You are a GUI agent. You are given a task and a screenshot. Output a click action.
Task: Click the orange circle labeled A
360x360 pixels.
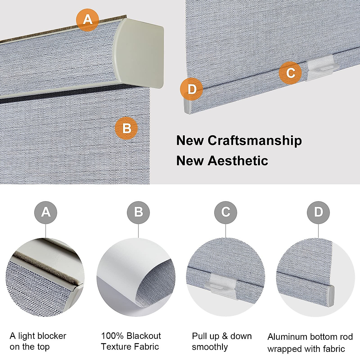pyautogui.click(x=87, y=20)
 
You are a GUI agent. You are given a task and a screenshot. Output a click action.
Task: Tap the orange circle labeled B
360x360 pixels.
pyautogui.click(x=126, y=129)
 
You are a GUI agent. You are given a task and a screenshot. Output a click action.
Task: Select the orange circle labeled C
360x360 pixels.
pyautogui.click(x=290, y=73)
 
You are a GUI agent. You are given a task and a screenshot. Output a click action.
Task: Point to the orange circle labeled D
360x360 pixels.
pyautogui.click(x=192, y=89)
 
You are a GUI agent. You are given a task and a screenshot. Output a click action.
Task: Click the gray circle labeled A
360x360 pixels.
pyautogui.click(x=46, y=212)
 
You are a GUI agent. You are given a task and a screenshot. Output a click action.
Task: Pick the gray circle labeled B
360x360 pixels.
pyautogui.click(x=138, y=212)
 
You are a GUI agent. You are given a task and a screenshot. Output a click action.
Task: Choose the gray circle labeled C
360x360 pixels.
pyautogui.click(x=226, y=212)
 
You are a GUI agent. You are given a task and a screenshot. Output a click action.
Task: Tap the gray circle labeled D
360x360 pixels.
pyautogui.click(x=318, y=212)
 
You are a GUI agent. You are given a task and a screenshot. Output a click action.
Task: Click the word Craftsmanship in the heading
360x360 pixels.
pyautogui.click(x=255, y=140)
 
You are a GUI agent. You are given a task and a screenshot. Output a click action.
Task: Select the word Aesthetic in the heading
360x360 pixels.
pyautogui.click(x=238, y=160)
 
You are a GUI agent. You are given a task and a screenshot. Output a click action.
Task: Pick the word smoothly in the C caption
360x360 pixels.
pyautogui.click(x=210, y=347)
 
